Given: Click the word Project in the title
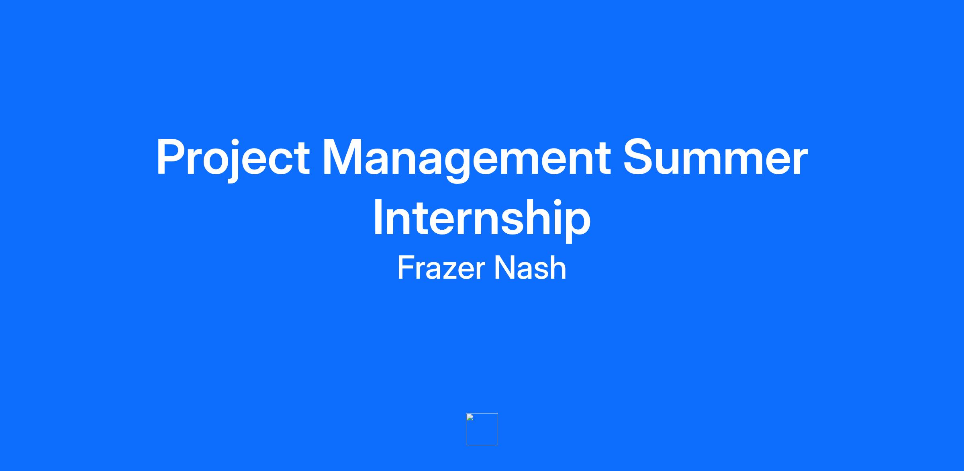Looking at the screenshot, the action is click(233, 159).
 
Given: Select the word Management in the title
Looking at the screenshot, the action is click(466, 159).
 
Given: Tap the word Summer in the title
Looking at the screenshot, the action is click(715, 157).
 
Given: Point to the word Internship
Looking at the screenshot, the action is click(482, 219).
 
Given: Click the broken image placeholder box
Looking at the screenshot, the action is click(482, 429).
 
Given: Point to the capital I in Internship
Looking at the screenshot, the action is click(378, 216).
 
